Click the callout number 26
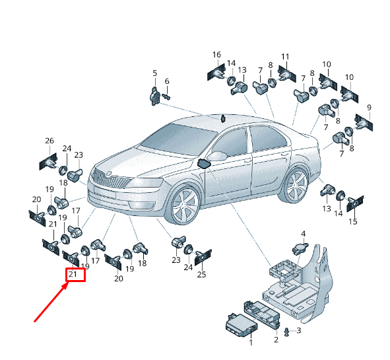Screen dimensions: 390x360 pyautogui.click(x=49, y=141)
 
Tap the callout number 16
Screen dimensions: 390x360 pyautogui.click(x=216, y=55)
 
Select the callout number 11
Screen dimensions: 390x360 pyautogui.click(x=285, y=57)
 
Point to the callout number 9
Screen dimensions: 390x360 pyautogui.click(x=369, y=108)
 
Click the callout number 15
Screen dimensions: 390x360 pyautogui.click(x=353, y=221)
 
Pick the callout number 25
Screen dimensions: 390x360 pyautogui.click(x=202, y=274)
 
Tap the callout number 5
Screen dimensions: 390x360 pyautogui.click(x=155, y=73)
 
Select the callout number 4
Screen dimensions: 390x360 pyautogui.click(x=303, y=234)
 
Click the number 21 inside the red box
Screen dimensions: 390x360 pyautogui.click(x=73, y=274)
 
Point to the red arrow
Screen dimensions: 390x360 pyautogui.click(x=51, y=303)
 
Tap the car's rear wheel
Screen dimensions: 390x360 pyautogui.click(x=296, y=186)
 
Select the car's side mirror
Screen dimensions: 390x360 pyautogui.click(x=217, y=156)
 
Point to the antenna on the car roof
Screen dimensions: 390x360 pyautogui.click(x=223, y=118)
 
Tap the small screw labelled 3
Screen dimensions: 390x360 pyautogui.click(x=287, y=332)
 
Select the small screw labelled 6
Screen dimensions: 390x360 pyautogui.click(x=166, y=96)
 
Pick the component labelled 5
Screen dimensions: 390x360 pyautogui.click(x=154, y=96)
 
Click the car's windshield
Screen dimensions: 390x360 pyautogui.click(x=179, y=139)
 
